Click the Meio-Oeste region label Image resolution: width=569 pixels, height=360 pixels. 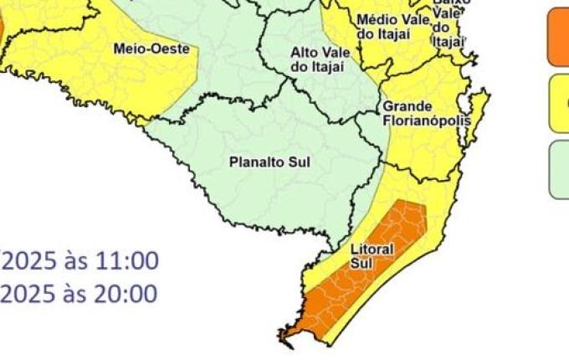pyautogui.click(x=151, y=49)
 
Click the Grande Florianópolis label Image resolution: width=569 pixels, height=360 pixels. pyautogui.click(x=426, y=113)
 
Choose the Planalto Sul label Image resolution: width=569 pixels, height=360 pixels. pyautogui.click(x=269, y=162)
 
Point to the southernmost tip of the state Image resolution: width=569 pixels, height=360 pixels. pyautogui.click(x=284, y=339)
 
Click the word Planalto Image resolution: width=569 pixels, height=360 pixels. pyautogui.click(x=250, y=162)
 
